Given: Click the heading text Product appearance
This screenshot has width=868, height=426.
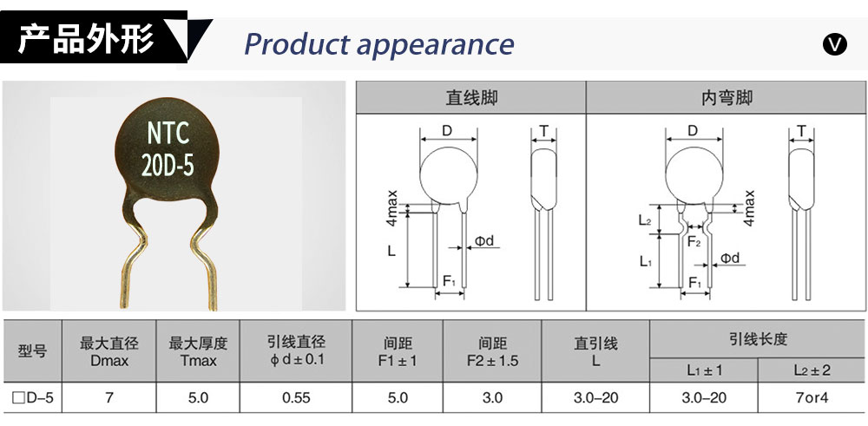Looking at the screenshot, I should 378,43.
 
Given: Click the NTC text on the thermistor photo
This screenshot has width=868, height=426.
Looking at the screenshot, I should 168,133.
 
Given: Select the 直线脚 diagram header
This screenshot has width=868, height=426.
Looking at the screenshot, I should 471,97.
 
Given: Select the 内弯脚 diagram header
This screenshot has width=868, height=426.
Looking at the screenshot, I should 727,97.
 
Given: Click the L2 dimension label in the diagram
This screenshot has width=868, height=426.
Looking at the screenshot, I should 645,220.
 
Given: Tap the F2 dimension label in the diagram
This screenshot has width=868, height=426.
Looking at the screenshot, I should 694,243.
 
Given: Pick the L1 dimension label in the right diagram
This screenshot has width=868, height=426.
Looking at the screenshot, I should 645,261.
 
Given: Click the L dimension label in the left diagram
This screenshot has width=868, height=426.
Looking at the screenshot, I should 391,251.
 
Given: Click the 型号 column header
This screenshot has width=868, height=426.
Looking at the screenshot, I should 32,351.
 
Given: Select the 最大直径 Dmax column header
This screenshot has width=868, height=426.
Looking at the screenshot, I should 109,351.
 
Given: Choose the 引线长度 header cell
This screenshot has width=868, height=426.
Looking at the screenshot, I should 758,339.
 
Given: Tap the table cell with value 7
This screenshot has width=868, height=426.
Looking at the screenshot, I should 109,398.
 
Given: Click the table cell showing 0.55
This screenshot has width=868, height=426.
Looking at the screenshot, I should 296,398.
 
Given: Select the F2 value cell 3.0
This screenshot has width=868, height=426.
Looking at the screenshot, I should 492,398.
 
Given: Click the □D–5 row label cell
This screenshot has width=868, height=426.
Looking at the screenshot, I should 32,398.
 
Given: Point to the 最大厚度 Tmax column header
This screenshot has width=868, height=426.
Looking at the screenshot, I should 198,351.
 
